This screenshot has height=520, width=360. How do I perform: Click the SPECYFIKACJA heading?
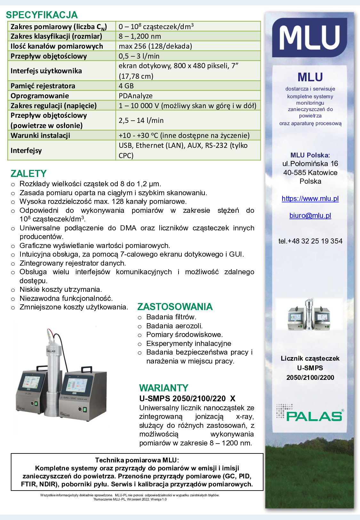[42, 15]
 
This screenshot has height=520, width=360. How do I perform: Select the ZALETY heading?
[28, 173]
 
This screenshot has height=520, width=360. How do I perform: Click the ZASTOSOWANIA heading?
[175, 307]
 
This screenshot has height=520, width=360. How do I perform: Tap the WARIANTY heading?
[164, 388]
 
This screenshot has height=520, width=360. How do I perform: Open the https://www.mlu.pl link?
[310, 198]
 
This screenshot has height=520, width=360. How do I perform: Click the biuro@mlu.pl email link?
[310, 215]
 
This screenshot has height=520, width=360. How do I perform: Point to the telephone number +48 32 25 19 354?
[310, 241]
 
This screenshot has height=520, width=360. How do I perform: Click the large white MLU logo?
[309, 38]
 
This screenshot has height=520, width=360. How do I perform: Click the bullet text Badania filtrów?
[171, 317]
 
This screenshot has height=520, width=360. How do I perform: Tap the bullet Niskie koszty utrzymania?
[60, 289]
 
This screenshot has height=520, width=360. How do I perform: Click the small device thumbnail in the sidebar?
[309, 314]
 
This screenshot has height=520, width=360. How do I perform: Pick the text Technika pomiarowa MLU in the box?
[137, 460]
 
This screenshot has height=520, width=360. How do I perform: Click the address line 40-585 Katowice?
[310, 172]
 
